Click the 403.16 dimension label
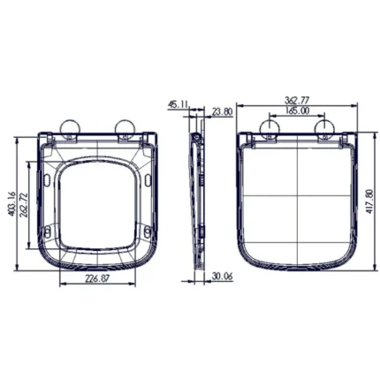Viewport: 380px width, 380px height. pos(12,204)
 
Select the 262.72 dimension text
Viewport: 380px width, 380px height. pos(24,205)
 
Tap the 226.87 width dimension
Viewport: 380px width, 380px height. pos(97,278)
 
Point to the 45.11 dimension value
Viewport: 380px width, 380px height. pos(178,104)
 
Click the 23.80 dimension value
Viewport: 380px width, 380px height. pos(223,112)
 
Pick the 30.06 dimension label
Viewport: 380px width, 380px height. pos(223,277)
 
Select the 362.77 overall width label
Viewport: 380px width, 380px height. pos(297,100)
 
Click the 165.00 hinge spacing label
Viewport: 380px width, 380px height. pos(297,110)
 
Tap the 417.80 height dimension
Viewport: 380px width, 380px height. pos(369,201)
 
